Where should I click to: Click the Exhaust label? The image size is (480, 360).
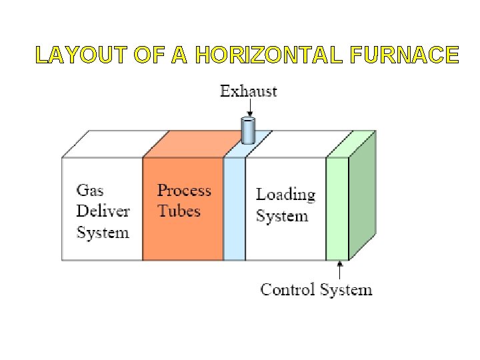(249, 91)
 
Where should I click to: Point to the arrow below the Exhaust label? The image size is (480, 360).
(248, 108)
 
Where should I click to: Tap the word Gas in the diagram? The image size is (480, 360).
(90, 190)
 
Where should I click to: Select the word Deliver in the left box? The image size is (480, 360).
(103, 211)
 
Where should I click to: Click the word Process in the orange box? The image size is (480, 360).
(184, 190)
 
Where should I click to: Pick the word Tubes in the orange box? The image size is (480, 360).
(179, 211)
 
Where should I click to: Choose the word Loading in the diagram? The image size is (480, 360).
(285, 195)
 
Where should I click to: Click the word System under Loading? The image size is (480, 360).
(282, 216)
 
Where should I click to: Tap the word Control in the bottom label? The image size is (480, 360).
(288, 289)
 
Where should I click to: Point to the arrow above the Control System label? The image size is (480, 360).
(340, 271)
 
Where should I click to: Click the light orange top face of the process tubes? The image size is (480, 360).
(193, 143)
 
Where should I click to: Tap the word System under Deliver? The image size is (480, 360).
(103, 233)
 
